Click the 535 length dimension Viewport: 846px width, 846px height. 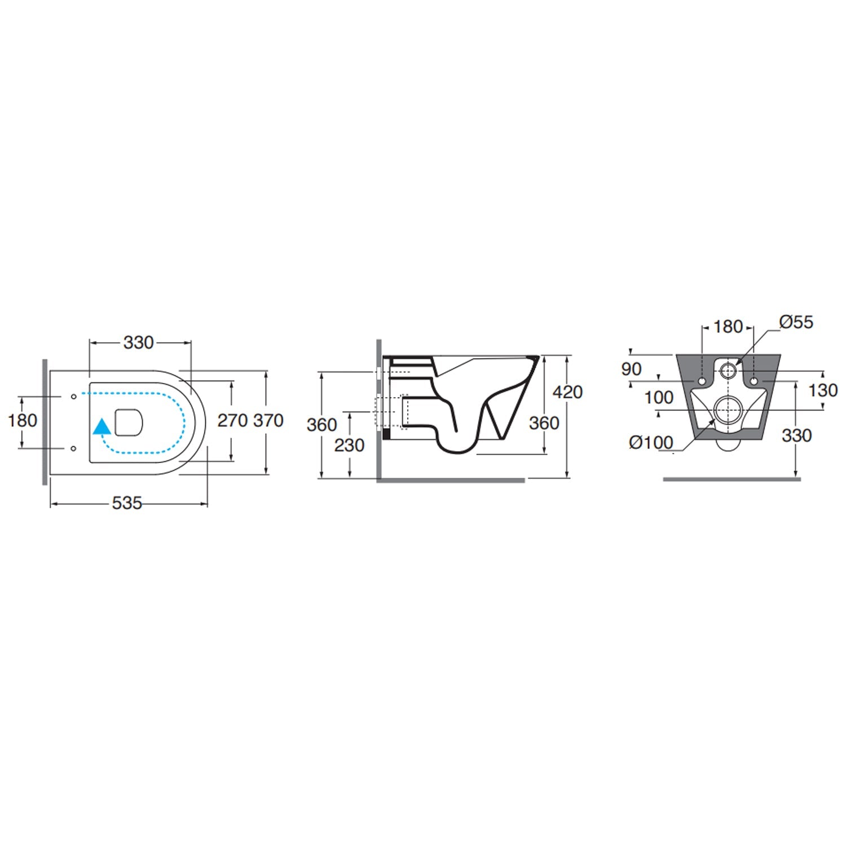coord(127,503)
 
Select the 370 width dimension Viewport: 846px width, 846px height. coord(268,420)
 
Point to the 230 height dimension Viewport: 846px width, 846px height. coord(350,445)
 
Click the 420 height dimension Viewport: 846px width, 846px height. coord(567,391)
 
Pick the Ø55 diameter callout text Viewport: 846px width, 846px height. coord(796,322)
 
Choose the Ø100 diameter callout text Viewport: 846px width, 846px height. coord(651,443)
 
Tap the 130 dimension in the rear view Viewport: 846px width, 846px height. coord(823,390)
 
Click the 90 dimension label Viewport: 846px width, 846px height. coord(632,369)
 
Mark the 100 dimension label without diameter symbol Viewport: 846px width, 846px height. coord(659,398)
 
